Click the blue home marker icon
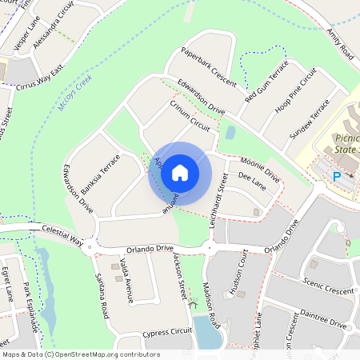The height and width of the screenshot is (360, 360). pyautogui.click(x=180, y=172)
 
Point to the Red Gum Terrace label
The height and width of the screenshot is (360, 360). pyautogui.click(x=266, y=82)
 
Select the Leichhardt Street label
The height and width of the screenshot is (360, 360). pyautogui.click(x=214, y=198)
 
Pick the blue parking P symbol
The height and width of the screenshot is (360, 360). pyautogui.click(x=337, y=176)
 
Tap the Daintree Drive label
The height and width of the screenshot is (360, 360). pyautogui.click(x=324, y=322)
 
